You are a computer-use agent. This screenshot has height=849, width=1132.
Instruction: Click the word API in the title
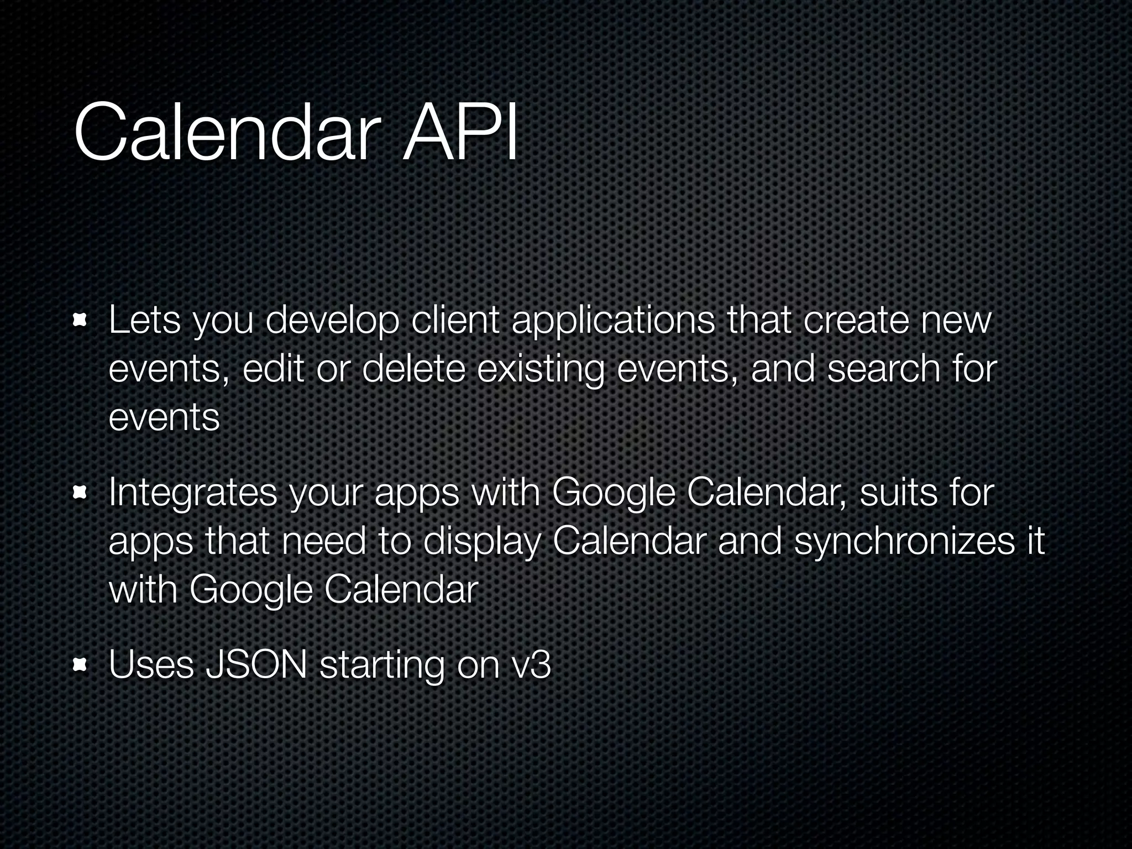click(460, 134)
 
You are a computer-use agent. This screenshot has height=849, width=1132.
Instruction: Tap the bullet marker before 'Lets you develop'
click(81, 321)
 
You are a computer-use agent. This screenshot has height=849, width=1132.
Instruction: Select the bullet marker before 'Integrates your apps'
click(81, 492)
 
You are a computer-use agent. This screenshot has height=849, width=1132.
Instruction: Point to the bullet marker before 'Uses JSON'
click(81, 664)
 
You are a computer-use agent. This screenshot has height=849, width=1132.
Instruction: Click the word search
click(884, 369)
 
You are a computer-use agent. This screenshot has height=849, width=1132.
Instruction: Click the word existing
click(541, 370)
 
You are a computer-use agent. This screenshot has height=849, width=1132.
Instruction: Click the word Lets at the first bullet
click(144, 321)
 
